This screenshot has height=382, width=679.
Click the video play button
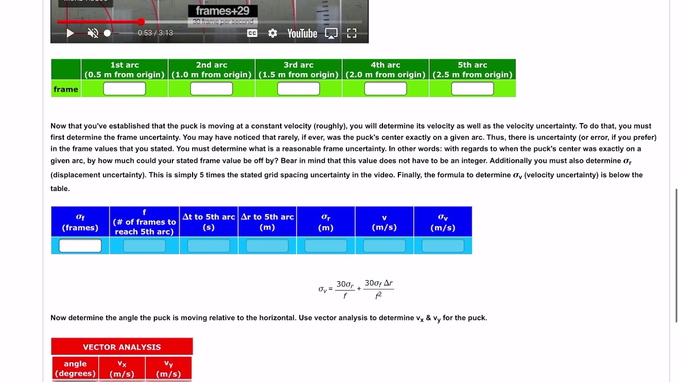click(70, 33)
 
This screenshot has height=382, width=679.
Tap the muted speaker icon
click(93, 33)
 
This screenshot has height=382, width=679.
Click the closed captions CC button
click(252, 33)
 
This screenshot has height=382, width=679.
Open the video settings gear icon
click(273, 33)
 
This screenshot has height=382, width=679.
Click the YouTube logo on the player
click(302, 33)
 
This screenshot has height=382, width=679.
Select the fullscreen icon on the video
click(352, 33)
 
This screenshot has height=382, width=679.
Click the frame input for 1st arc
click(125, 89)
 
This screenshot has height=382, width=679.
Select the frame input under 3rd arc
click(299, 89)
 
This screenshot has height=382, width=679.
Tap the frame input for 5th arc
click(473, 89)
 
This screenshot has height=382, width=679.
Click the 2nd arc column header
click(212, 70)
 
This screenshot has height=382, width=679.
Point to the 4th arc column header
click(386, 70)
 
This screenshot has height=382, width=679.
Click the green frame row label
click(66, 89)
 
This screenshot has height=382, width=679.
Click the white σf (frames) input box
click(80, 246)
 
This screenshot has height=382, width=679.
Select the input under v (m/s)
click(384, 246)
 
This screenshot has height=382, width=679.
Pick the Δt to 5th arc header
click(208, 222)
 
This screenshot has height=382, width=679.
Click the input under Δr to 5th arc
click(267, 246)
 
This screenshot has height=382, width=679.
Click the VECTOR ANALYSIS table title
click(122, 347)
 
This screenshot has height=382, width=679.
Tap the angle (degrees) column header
click(75, 368)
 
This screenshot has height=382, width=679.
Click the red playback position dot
click(141, 22)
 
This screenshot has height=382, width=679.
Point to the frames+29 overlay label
click(223, 11)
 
